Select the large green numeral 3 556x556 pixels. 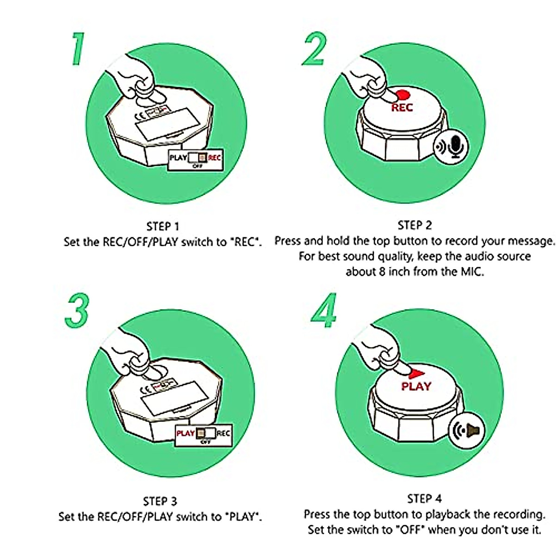pyautogui.click(x=77, y=310)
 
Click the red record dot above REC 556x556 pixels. pyautogui.click(x=403, y=95)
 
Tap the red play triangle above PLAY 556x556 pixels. pyautogui.click(x=417, y=374)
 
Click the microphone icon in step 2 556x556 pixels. pyautogui.click(x=455, y=146)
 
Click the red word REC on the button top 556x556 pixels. pyautogui.click(x=402, y=107)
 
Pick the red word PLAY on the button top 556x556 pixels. pyautogui.click(x=417, y=386)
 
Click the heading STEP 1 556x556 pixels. pyautogui.click(x=163, y=227)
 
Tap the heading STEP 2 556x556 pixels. pyautogui.click(x=415, y=225)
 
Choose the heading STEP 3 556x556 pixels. pyautogui.click(x=160, y=501)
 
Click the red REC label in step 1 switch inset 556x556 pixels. pyautogui.click(x=215, y=158)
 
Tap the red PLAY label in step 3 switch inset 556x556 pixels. pyautogui.click(x=185, y=433)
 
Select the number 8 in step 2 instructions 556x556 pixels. pyautogui.click(x=382, y=272)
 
